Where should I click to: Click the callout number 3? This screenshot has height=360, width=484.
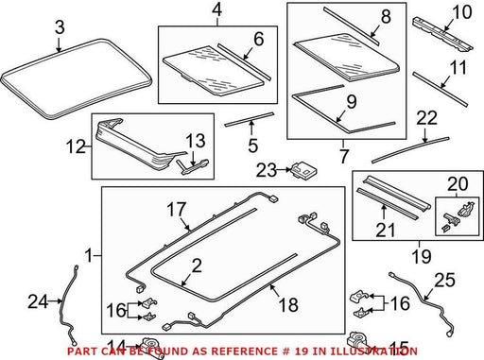click(x=60, y=27)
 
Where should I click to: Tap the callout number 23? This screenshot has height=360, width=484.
click(x=267, y=170)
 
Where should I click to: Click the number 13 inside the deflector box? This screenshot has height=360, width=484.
click(x=196, y=141)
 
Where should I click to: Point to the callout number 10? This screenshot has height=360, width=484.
click(x=462, y=12)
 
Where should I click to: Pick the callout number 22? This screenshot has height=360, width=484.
click(x=427, y=118)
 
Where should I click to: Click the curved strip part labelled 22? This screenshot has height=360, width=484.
click(x=410, y=150)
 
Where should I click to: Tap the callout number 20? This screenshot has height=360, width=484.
click(x=458, y=184)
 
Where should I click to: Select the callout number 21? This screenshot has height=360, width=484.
click(x=385, y=230)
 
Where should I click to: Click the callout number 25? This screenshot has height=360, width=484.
click(x=444, y=280)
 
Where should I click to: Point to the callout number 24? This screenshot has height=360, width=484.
click(x=38, y=301)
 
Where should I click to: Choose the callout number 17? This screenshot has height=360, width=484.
click(x=177, y=210)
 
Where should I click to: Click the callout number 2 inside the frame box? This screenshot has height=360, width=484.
click(x=197, y=266)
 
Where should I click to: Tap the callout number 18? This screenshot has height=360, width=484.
click(x=288, y=304)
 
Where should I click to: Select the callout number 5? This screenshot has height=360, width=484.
click(x=253, y=146)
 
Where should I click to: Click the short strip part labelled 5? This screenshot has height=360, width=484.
click(x=250, y=119)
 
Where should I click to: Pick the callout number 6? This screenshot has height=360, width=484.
click(x=259, y=40)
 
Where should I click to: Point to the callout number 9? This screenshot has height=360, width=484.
click(x=352, y=101)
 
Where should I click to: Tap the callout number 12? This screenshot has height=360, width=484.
click(x=76, y=146)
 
